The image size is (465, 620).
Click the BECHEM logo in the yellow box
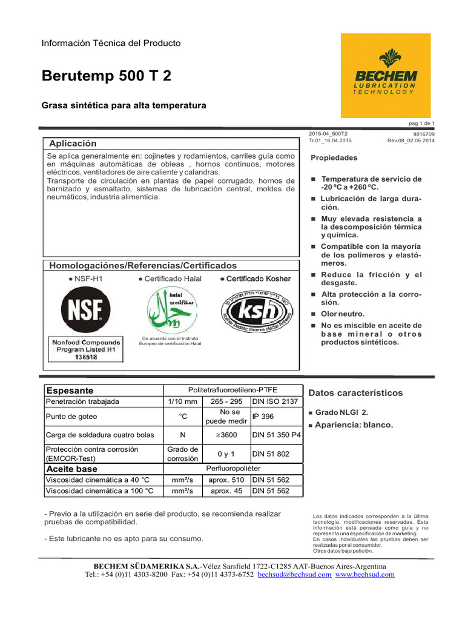pos(385,76)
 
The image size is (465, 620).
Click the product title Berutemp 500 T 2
pos(106,76)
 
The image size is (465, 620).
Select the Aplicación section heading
pos(73,143)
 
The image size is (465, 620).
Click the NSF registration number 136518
pos(85,357)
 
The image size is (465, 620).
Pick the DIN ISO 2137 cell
pos(275,401)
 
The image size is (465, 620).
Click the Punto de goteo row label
pos(71,417)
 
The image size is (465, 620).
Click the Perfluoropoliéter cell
pos(233,469)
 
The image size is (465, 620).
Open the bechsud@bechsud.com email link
pos(294,575)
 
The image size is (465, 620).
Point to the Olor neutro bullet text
pos(342,314)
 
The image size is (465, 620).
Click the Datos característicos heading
pos(355,393)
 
